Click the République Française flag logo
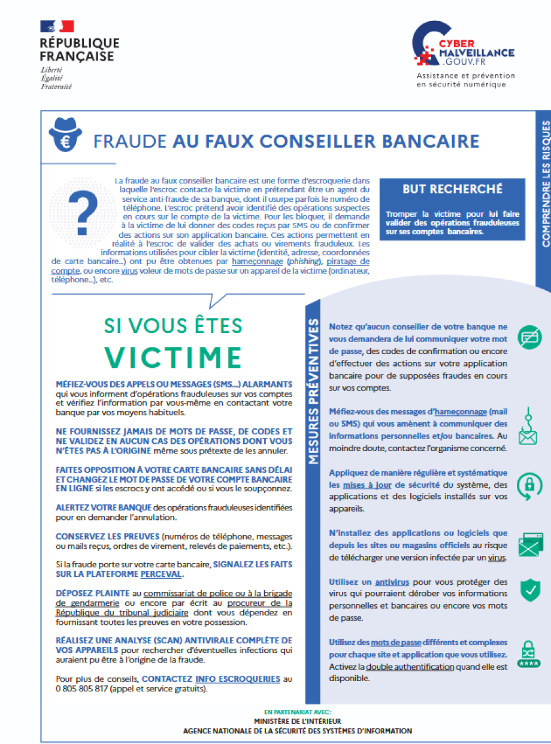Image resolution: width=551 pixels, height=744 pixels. point(57,26)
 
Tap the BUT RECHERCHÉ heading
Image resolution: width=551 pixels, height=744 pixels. point(452,189)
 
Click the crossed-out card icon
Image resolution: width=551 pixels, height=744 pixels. point(529,338)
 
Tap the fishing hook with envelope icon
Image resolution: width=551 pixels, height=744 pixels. point(528,428)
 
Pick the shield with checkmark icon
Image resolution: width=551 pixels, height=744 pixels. point(529,589)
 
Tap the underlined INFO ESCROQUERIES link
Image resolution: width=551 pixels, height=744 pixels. point(237,679)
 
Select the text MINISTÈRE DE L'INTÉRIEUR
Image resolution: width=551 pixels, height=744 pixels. point(298,721)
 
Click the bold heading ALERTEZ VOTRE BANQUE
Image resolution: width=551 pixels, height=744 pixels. point(95,507)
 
